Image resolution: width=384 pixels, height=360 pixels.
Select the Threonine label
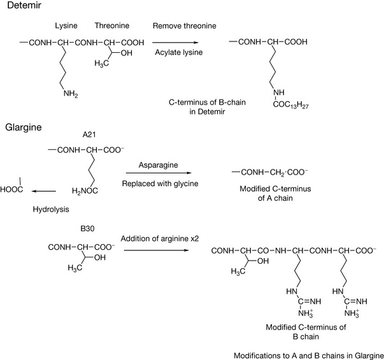coord(111,28)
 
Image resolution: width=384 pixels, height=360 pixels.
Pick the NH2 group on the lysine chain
coord(72,96)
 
